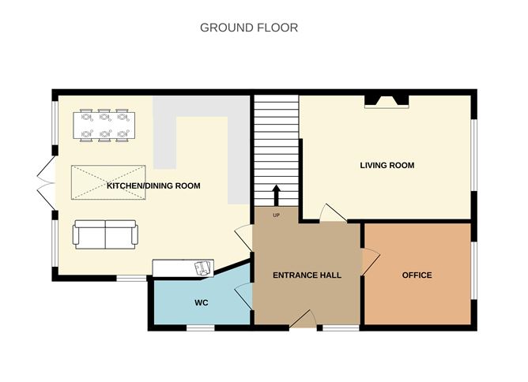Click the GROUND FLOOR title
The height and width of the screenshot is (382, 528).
pyautogui.click(x=248, y=28)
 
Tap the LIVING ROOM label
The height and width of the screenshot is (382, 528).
pyautogui.click(x=387, y=166)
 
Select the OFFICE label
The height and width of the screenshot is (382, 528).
pyautogui.click(x=417, y=275)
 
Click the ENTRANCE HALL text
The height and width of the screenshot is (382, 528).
pyautogui.click(x=307, y=275)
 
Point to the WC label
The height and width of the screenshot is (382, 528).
pyautogui.click(x=201, y=303)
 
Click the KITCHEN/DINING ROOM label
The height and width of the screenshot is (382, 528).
pyautogui.click(x=153, y=186)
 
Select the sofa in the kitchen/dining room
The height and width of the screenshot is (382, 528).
pyautogui.click(x=105, y=234)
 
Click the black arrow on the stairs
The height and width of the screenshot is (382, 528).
pyautogui.click(x=276, y=194)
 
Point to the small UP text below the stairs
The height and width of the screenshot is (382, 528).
pyautogui.click(x=276, y=214)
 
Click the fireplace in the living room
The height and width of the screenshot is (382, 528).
pyautogui.click(x=387, y=100)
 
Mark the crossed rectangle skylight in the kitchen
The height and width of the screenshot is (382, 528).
pyautogui.click(x=109, y=183)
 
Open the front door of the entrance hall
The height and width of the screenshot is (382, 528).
pyautogui.click(x=302, y=320)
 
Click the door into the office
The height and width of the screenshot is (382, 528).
pyautogui.click(x=370, y=260)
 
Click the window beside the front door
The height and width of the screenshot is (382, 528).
pyautogui.click(x=338, y=327)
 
